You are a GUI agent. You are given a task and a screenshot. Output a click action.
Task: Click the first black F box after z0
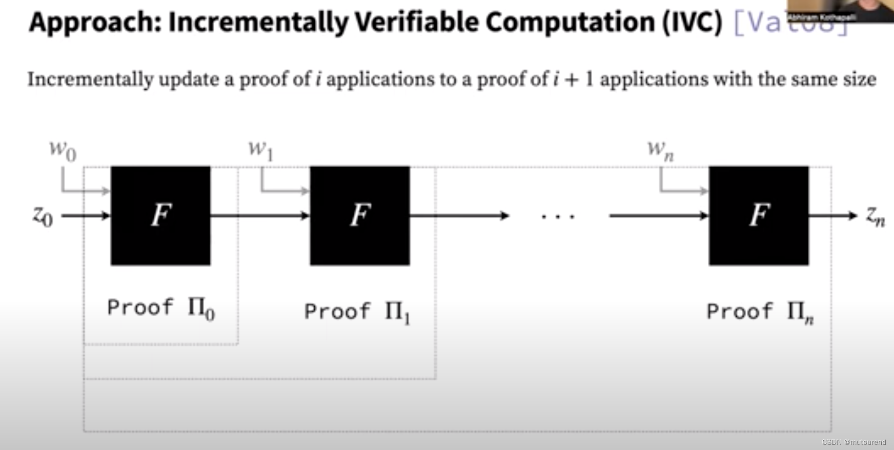coord(160,215)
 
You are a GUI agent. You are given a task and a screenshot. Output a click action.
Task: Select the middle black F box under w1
coord(360,215)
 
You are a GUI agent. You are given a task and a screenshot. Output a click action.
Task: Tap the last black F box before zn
coord(759,215)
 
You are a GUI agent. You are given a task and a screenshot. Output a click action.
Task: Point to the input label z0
coord(43,216)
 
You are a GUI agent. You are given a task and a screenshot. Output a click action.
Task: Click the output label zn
coord(876,216)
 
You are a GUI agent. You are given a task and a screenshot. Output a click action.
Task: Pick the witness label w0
coord(63,150)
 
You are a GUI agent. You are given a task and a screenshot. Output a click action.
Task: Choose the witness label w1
coord(260,150)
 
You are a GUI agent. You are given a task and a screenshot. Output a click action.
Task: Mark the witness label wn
coord(660,150)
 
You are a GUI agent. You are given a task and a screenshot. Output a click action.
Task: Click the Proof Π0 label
coord(161,308)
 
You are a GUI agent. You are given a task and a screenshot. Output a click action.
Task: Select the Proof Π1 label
coord(357,312)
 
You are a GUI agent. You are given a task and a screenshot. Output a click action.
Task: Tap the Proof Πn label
coord(760,312)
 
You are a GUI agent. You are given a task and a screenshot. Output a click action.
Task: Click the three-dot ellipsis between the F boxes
coord(558,217)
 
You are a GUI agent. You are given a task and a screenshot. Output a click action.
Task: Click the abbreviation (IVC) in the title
coord(692,22)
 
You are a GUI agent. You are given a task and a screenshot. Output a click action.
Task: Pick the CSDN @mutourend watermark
coord(854,442)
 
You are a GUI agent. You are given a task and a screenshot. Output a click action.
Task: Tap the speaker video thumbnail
coord(841,10)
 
